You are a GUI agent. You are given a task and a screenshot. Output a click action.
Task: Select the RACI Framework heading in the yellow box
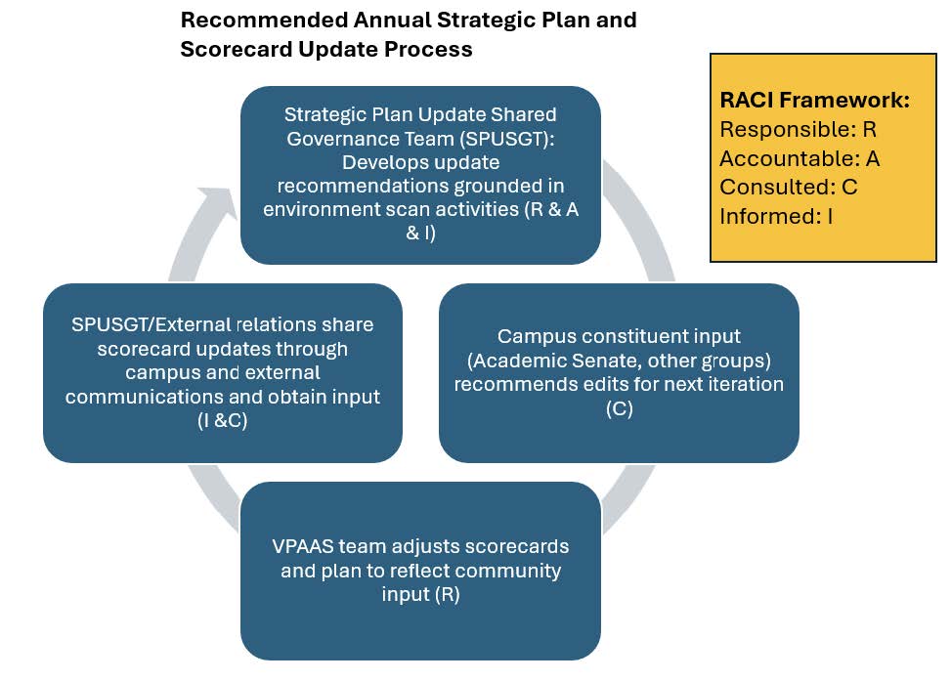(x=815, y=100)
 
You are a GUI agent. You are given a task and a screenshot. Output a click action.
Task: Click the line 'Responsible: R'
(x=799, y=129)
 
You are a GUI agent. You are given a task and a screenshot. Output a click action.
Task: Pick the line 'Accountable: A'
(x=800, y=158)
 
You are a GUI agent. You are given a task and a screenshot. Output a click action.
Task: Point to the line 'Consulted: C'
(x=789, y=187)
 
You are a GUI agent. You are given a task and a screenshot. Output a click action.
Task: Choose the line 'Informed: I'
(x=776, y=216)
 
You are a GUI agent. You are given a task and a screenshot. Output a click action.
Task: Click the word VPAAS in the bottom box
(x=306, y=546)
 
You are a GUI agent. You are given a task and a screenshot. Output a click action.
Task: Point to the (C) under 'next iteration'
(x=619, y=408)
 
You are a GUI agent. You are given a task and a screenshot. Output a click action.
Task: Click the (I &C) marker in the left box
(x=223, y=420)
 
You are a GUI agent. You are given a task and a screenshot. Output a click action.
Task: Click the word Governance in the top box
(x=334, y=139)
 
